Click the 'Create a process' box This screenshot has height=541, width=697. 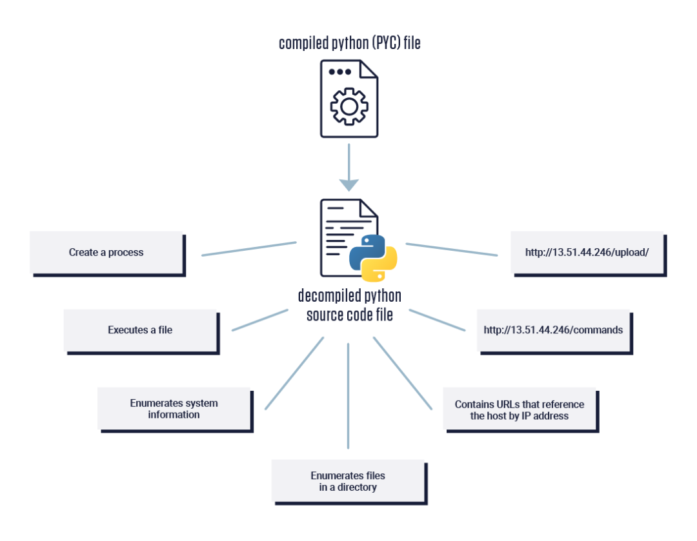tap(107, 253)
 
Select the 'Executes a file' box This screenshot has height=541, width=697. tap(141, 331)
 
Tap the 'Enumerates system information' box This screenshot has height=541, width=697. tap(175, 409)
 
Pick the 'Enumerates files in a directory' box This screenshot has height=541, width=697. tap(349, 482)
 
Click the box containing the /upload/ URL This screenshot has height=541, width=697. tap(589, 253)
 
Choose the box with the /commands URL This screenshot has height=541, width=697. tap(554, 331)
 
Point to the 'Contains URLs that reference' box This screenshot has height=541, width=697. tap(521, 409)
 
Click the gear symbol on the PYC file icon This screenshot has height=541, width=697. tap(349, 106)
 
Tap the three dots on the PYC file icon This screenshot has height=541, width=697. tap(340, 72)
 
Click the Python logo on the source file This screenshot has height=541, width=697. tap(373, 258)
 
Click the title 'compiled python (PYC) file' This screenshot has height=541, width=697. tap(349, 43)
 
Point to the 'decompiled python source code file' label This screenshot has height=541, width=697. tap(349, 305)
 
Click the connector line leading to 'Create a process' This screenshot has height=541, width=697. tap(249, 249)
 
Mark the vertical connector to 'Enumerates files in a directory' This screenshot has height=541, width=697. tap(348, 396)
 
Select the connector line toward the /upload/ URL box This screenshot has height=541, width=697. tap(452, 249)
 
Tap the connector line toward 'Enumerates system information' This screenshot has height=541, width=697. tap(294, 373)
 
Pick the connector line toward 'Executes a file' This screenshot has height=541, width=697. tap(260, 320)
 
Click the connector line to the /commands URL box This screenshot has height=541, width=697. tap(437, 320)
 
